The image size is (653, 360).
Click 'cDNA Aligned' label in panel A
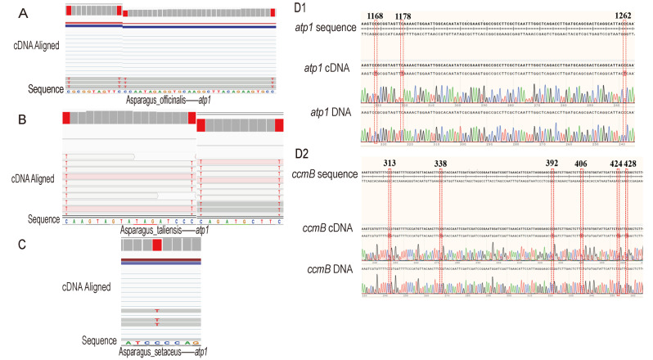click(36, 45)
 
